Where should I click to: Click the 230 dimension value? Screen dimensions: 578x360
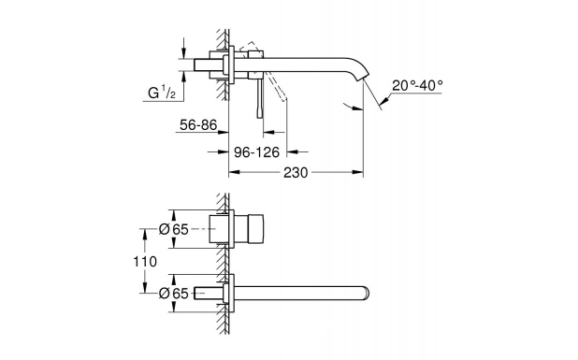[296, 172]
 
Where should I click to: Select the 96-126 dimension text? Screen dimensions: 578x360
[257, 151]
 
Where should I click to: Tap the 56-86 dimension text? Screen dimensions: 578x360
[198, 125]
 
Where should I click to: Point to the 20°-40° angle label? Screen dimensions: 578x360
[417, 85]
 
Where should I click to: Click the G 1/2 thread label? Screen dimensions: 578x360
[162, 93]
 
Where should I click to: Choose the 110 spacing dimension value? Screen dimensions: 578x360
[145, 262]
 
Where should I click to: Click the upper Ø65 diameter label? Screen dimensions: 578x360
[174, 230]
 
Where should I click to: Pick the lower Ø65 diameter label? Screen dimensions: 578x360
[174, 294]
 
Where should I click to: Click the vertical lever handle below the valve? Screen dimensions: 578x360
[260, 98]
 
